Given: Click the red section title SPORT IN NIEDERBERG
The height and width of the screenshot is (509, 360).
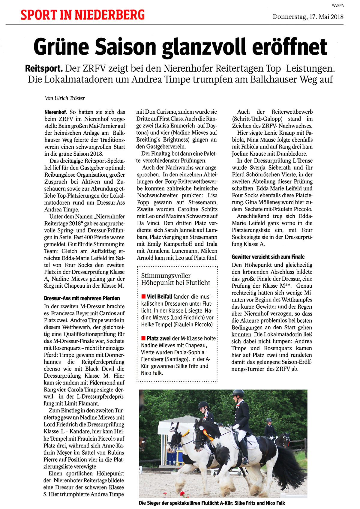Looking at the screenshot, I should tap(82, 15).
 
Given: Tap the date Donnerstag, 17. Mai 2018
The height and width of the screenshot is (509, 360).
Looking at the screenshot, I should tap(308, 17).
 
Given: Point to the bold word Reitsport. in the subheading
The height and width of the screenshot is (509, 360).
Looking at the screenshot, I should tap(44, 69).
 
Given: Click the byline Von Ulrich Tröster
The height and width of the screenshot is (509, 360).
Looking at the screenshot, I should tap(64, 98).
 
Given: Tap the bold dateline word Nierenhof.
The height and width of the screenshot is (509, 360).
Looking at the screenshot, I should tap(55, 112).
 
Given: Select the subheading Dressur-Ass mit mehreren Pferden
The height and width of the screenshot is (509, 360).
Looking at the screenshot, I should tap(82, 298).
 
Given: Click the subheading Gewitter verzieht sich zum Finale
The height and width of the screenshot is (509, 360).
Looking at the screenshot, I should tap(268, 257).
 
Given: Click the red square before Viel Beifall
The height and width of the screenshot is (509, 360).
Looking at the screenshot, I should tap(143, 297).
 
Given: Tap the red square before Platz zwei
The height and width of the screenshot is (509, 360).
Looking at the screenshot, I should tap(143, 338).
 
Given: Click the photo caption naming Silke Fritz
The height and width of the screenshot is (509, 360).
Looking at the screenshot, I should tap(211, 503).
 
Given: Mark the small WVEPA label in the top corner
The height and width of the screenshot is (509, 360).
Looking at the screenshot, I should tap(337, 5).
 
